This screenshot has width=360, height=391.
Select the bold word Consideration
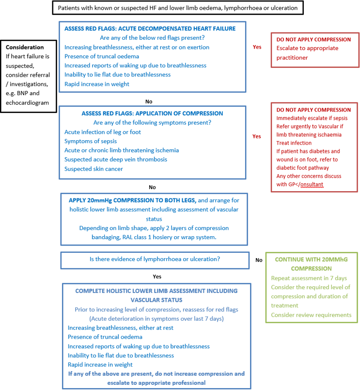(x=25, y=48)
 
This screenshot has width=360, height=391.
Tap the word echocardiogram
(x=27, y=103)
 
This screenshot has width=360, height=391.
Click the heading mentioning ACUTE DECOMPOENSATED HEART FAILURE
(x=150, y=29)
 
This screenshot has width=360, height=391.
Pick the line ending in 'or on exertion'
(x=137, y=47)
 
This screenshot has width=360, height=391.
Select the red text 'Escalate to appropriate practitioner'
(x=308, y=53)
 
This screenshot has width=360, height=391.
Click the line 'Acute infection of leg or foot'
(x=103, y=132)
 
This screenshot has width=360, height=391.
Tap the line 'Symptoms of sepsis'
(x=91, y=141)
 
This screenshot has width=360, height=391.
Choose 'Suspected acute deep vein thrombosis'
(x=115, y=160)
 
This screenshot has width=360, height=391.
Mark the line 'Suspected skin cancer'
(x=94, y=169)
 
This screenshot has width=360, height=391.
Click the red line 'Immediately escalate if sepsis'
(x=312, y=118)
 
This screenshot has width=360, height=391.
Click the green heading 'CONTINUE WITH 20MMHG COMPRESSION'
(x=311, y=263)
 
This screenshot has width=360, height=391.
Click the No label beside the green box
(x=259, y=260)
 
